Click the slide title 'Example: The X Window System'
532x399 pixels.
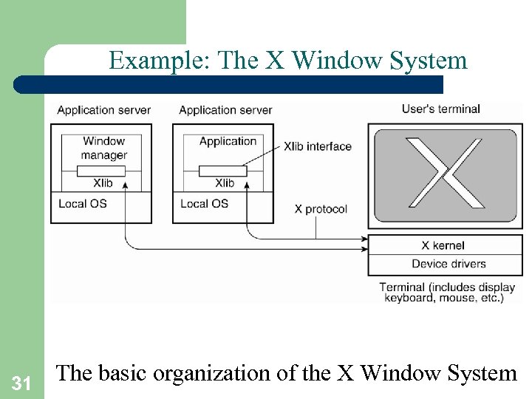tap(288, 60)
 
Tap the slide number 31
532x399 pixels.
tap(21, 383)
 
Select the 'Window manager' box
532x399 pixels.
tap(104, 148)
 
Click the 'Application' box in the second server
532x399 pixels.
tap(228, 141)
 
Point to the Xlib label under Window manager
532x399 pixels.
tap(103, 183)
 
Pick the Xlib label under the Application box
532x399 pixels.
tap(225, 183)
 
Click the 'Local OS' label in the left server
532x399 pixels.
tap(82, 204)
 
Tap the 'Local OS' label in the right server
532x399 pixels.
tap(204, 204)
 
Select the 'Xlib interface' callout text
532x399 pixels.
tap(318, 146)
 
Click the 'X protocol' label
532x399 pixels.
tap(321, 209)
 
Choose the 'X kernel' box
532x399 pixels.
tap(443, 245)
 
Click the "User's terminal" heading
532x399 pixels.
tap(440, 109)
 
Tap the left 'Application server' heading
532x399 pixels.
tap(103, 110)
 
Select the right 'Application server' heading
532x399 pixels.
tap(225, 110)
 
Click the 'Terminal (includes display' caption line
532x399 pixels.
tap(447, 287)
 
